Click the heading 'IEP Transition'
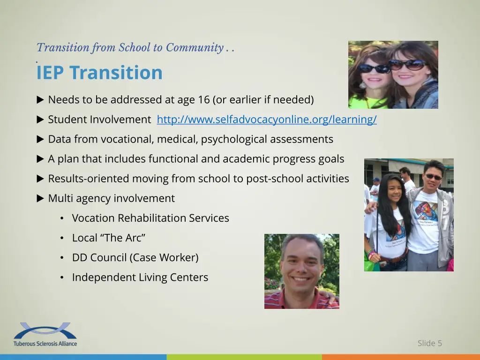(99, 73)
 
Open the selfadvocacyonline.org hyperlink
(266, 120)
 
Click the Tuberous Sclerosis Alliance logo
(45, 334)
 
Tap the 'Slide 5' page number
(429, 343)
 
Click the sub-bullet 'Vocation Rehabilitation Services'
(150, 218)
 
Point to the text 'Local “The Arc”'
(108, 238)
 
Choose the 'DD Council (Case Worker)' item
(135, 258)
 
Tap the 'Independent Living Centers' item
(140, 277)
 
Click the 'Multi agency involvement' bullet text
(111, 199)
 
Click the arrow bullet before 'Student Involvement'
(40, 120)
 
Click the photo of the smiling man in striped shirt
(301, 271)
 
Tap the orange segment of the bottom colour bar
(401, 357)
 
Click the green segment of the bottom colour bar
(244, 357)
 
